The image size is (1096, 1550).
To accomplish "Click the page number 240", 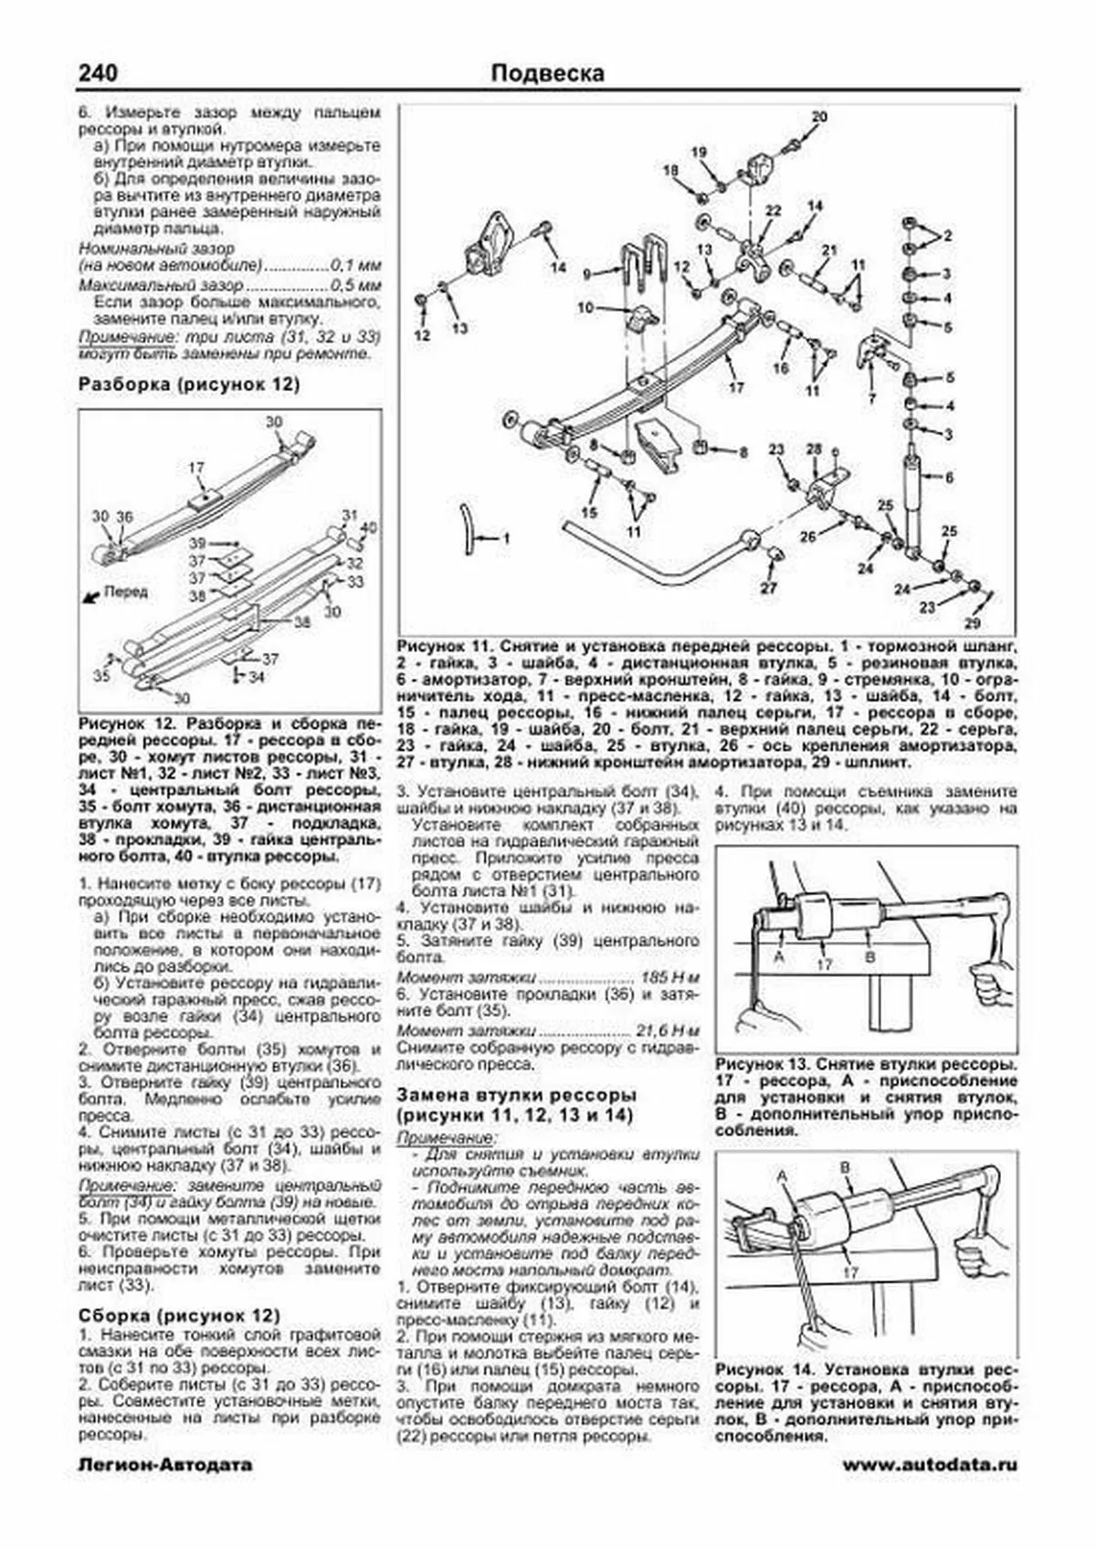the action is click(x=99, y=73).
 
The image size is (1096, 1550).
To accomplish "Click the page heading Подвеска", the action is click(x=548, y=73).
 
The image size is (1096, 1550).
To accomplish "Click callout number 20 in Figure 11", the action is click(x=819, y=117).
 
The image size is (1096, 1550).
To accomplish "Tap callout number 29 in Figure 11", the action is click(x=972, y=624).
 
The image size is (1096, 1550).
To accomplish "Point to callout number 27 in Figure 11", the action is click(x=769, y=588).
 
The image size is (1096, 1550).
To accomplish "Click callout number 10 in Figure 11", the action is click(x=586, y=307).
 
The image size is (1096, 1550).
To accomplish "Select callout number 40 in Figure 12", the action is click(x=369, y=528).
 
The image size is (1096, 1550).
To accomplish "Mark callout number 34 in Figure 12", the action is click(x=257, y=677).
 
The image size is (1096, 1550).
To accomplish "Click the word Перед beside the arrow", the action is click(x=125, y=592).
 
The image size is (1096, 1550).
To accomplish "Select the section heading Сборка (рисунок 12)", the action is click(x=180, y=1295).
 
